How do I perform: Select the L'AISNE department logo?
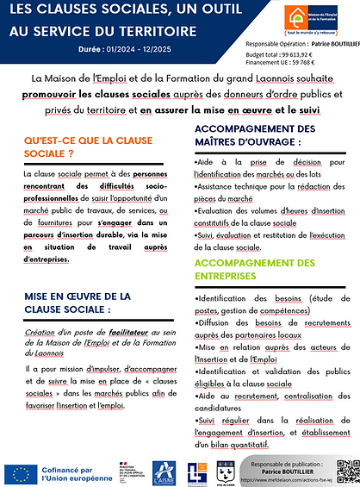click(x=164, y=471)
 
